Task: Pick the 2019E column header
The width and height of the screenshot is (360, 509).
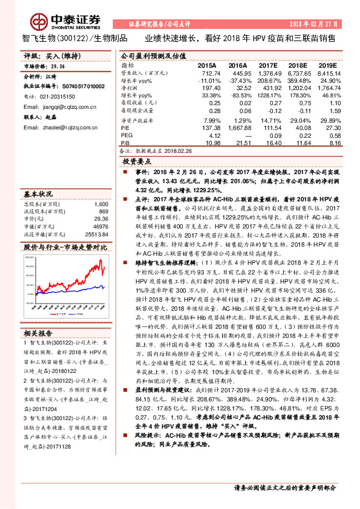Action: [x=327, y=65]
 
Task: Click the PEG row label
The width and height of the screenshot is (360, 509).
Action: [x=126, y=136]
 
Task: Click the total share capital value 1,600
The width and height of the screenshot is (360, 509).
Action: [x=101, y=204]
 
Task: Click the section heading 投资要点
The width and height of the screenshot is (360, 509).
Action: [x=137, y=162]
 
